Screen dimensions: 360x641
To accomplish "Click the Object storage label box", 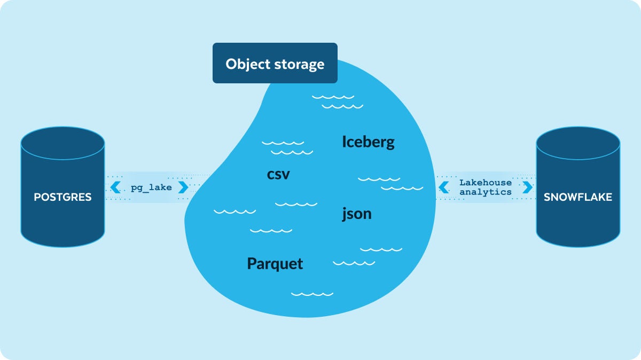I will pos(275,63).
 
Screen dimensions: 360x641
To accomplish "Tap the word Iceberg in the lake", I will pos(368,142).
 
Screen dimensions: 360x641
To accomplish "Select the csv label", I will pos(278,174).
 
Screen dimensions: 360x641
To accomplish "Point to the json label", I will pos(356,214).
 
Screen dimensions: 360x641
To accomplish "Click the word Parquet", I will pos(275,263).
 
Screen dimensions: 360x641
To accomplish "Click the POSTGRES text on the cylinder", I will pos(62,197).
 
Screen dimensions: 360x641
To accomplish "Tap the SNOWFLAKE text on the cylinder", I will pos(578,197).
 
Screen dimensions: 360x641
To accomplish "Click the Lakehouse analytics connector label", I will pos(485,187).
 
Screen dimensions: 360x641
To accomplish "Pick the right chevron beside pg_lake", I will pos(183,187).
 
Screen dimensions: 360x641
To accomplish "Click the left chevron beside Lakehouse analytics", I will pos(443,187).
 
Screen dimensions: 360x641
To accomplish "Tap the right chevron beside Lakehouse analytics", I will pos(528,187).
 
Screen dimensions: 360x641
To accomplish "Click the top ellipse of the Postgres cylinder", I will pos(62,141).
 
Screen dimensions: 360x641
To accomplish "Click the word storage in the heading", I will pos(299,64).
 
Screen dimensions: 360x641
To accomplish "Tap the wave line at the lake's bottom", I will pos(312,294).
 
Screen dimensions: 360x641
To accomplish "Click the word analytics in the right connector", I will pos(485,192).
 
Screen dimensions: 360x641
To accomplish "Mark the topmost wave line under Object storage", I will pos(333,97).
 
